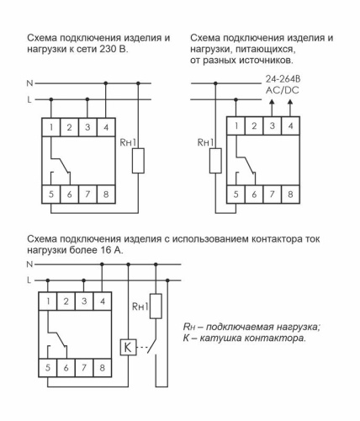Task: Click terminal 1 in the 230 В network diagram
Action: point(52,127)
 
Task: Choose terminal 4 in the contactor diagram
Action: point(103,301)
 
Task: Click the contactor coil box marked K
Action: point(127,346)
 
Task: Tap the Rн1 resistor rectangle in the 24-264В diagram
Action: point(216,160)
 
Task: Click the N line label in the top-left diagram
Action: point(31,83)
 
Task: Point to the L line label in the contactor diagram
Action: point(31,279)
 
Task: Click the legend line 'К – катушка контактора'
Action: point(243,338)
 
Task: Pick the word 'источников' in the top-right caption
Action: point(264,61)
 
